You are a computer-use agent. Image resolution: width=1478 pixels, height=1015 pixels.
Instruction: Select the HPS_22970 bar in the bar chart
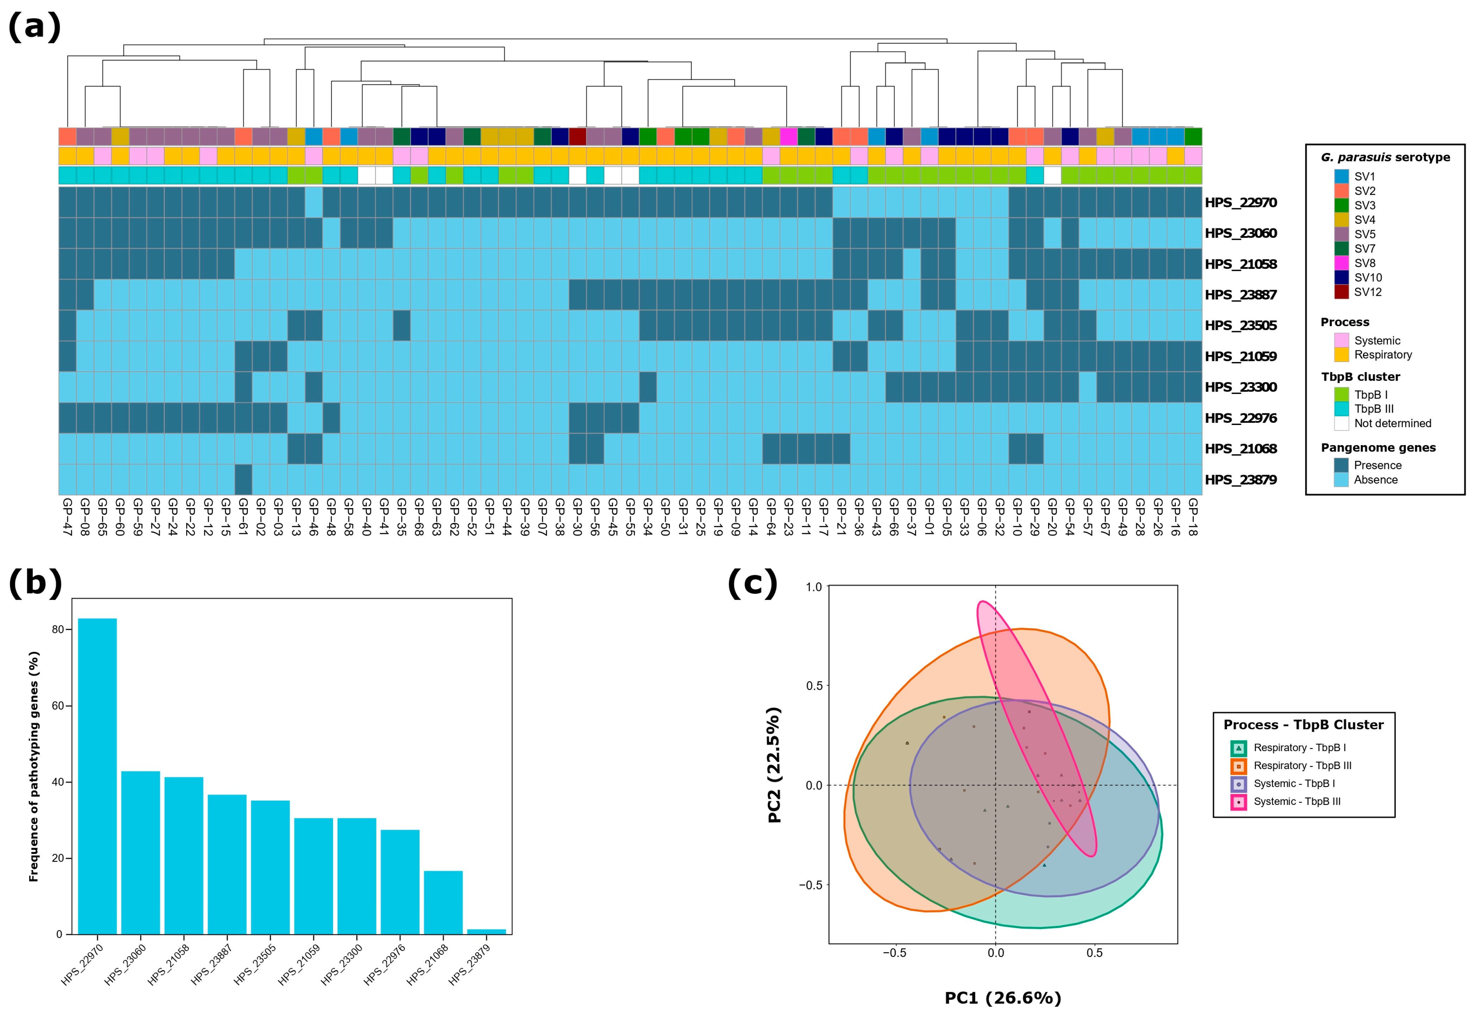tap(97, 776)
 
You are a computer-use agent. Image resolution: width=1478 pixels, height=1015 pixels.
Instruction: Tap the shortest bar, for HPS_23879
tap(486, 932)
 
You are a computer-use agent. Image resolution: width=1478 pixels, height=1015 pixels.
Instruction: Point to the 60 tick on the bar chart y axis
tap(58, 706)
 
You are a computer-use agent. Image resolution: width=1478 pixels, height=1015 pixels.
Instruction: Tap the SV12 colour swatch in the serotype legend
tap(1341, 293)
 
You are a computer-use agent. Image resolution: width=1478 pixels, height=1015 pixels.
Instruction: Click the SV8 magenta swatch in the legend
tap(1341, 263)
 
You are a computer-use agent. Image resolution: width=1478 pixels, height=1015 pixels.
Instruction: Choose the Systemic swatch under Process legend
tap(1341, 340)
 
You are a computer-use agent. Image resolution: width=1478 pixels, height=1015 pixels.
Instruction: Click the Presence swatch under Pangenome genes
tap(1341, 465)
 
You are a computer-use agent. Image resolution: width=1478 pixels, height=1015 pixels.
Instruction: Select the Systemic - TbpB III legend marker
tap(1238, 802)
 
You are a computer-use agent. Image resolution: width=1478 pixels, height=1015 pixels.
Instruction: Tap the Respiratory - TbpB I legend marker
tap(1238, 748)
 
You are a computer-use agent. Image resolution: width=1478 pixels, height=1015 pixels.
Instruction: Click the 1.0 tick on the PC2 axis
tap(814, 587)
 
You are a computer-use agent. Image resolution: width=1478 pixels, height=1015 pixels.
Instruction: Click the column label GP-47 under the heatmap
tap(68, 517)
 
